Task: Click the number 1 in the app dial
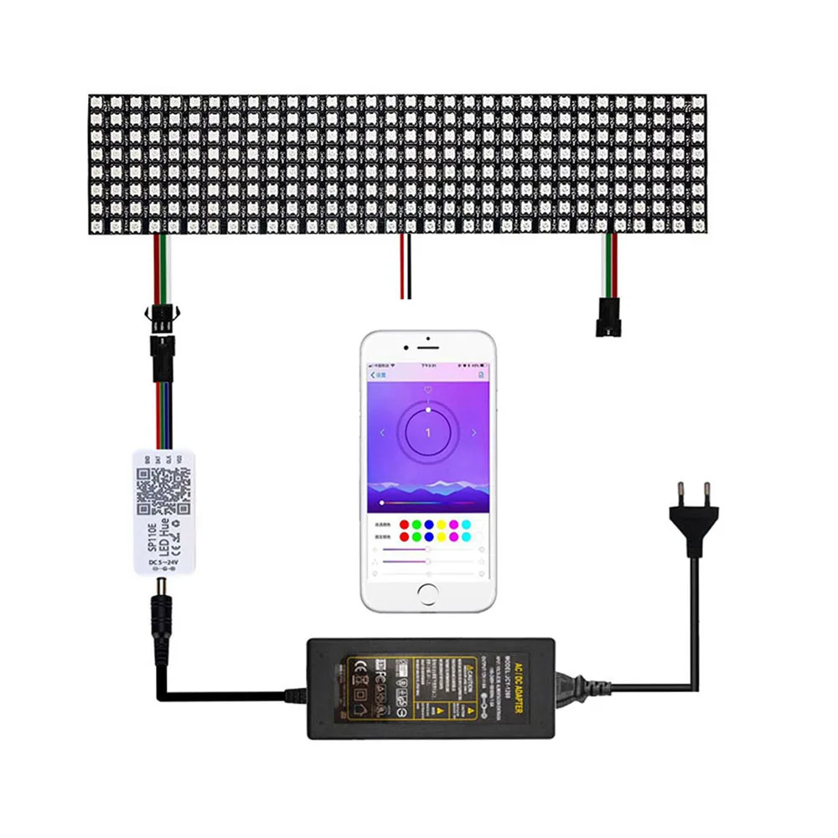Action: (x=428, y=432)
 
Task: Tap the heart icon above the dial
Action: (x=428, y=391)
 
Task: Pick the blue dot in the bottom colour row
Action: (x=429, y=535)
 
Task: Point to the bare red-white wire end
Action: (x=406, y=289)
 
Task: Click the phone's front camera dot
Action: (x=427, y=340)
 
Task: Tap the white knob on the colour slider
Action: (x=382, y=501)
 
